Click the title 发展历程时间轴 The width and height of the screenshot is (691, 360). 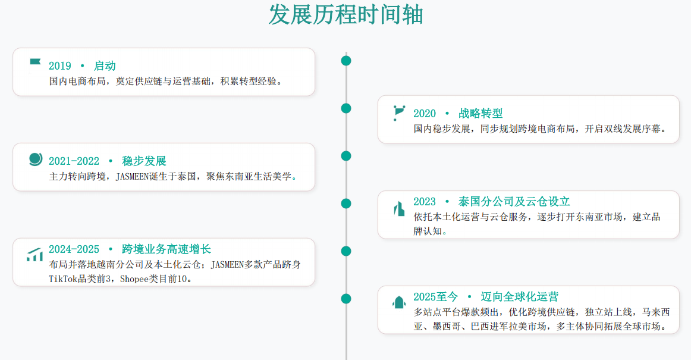click(x=346, y=14)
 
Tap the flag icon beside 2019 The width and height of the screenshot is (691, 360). click(x=35, y=62)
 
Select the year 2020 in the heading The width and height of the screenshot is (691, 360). click(x=425, y=114)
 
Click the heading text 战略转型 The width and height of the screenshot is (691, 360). click(x=480, y=114)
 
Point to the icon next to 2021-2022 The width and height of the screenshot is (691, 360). click(x=36, y=159)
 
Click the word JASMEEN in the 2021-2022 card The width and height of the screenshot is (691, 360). click(x=132, y=177)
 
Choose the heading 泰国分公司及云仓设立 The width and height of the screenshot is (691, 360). click(x=514, y=202)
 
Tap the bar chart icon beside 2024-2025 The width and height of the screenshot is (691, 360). click(x=35, y=255)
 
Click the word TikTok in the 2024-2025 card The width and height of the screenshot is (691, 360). click(x=63, y=279)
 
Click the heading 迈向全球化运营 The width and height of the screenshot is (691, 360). click(x=520, y=296)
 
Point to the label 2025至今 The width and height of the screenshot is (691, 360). click(x=435, y=296)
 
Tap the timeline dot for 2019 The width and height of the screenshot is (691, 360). click(x=346, y=61)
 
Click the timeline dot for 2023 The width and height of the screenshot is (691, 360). click(x=346, y=204)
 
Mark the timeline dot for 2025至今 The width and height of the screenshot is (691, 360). click(x=346, y=299)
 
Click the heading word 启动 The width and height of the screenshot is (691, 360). click(x=105, y=65)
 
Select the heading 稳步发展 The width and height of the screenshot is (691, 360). click(x=144, y=161)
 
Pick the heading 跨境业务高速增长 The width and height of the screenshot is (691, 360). click(x=167, y=249)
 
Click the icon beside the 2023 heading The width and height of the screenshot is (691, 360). click(x=399, y=209)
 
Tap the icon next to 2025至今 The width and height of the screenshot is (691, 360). click(x=399, y=303)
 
